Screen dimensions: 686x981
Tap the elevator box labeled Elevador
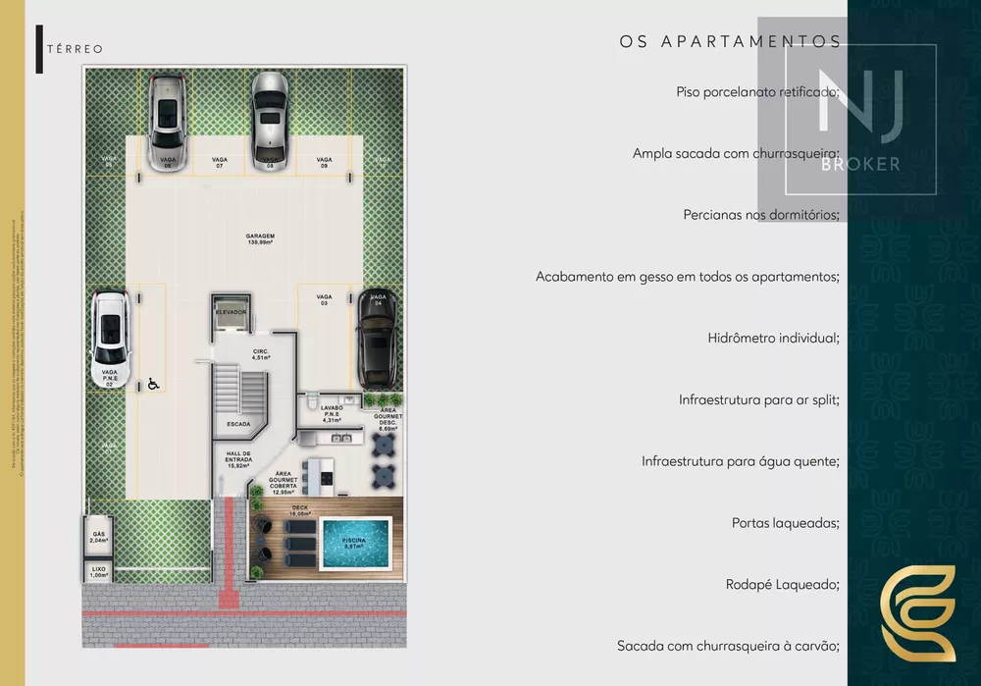point(231,313)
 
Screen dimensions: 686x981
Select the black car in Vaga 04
point(377,340)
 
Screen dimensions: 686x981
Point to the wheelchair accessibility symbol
point(153,386)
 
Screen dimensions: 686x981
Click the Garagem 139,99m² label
point(260,239)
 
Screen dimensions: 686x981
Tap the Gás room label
point(99,537)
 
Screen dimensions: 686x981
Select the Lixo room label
point(99,571)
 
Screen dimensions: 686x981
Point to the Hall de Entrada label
point(239,458)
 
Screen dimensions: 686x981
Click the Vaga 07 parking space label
point(220,162)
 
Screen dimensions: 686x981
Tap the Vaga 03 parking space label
point(325,299)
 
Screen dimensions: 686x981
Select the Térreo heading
point(75,48)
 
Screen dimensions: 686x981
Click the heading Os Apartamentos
point(730,41)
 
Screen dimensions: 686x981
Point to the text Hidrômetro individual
point(773,338)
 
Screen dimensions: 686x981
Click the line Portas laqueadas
point(785,523)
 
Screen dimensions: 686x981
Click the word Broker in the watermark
point(860,164)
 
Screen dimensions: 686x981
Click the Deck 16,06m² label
point(299,510)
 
